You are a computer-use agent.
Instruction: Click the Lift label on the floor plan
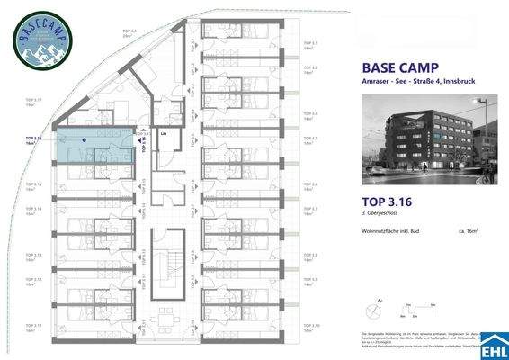tap(163, 134)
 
